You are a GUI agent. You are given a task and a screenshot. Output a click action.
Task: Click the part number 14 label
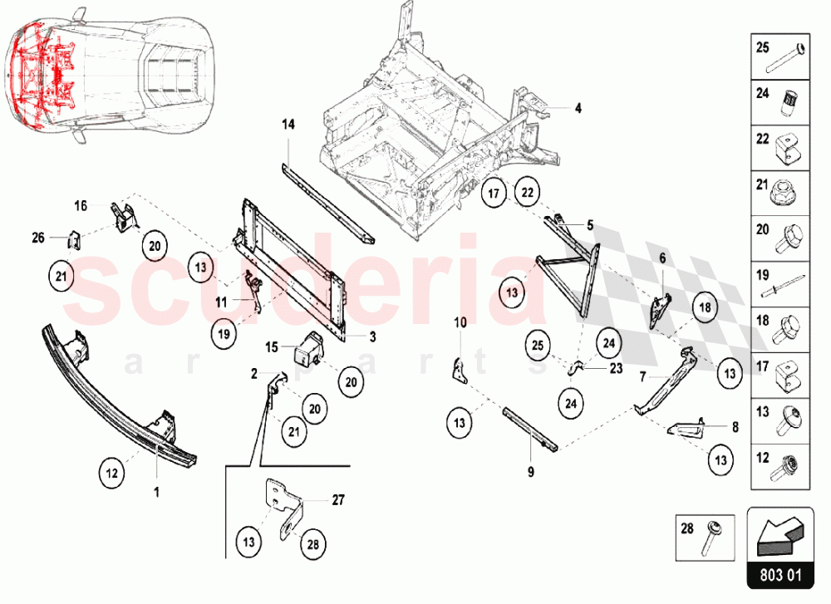click(x=288, y=125)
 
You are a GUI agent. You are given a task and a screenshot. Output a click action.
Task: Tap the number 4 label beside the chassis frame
click(x=578, y=108)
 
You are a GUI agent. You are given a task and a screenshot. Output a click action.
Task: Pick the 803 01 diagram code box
click(x=780, y=573)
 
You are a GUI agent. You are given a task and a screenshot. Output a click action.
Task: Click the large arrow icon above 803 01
click(x=780, y=531)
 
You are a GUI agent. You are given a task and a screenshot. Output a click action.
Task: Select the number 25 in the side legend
click(x=763, y=49)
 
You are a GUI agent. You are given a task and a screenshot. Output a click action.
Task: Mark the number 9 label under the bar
click(x=530, y=472)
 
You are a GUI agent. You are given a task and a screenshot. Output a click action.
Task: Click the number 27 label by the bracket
click(x=337, y=500)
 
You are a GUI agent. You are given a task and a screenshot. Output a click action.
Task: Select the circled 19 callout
click(x=224, y=335)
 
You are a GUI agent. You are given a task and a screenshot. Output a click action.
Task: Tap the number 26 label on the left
click(x=38, y=238)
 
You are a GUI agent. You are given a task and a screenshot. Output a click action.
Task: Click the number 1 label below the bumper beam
click(x=157, y=491)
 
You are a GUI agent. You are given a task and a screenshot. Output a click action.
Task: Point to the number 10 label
click(x=460, y=321)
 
